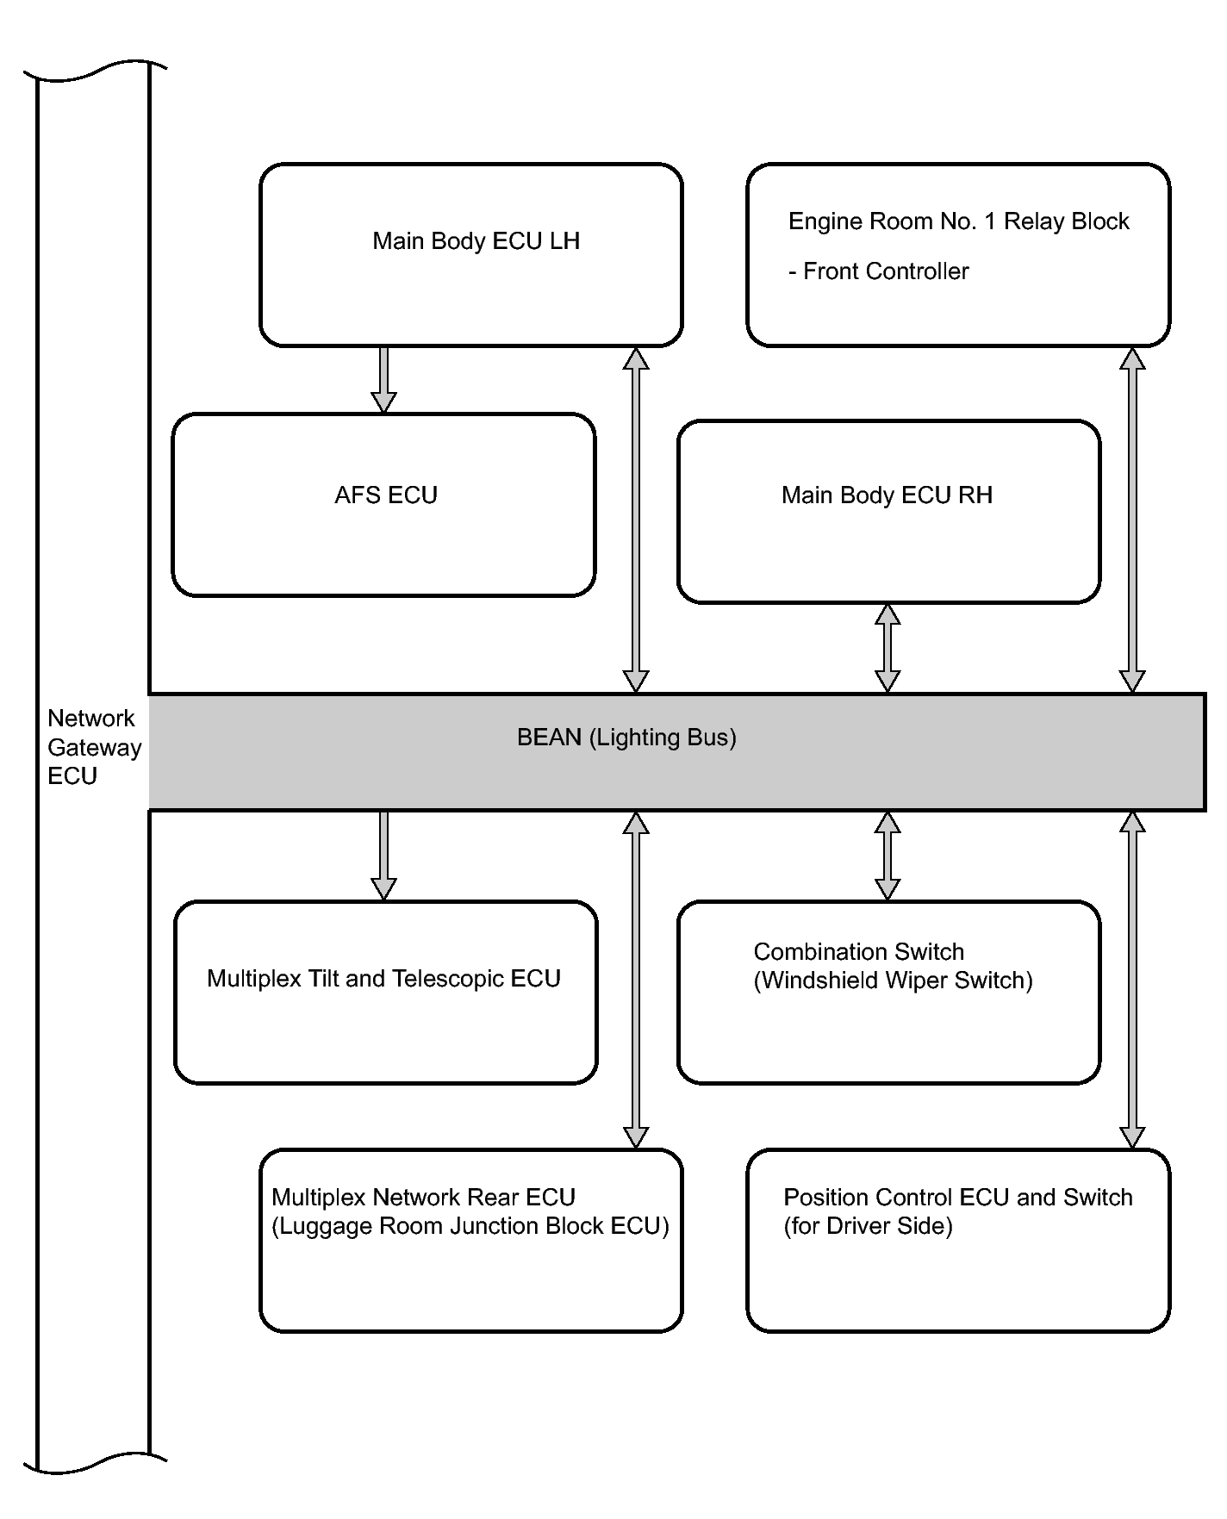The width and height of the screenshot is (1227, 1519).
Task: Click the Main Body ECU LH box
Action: [x=470, y=255]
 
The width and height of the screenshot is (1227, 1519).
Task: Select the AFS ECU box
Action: [x=383, y=505]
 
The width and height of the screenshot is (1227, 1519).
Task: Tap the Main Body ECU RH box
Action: [x=888, y=512]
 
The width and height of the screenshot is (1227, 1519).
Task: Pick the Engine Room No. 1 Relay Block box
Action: [x=958, y=255]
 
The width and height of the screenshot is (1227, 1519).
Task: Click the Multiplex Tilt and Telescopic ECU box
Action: [x=385, y=993]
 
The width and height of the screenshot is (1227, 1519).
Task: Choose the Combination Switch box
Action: [x=888, y=993]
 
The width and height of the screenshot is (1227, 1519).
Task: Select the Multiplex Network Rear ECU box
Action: [x=470, y=1241]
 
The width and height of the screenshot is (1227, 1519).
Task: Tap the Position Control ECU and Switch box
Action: [x=958, y=1241]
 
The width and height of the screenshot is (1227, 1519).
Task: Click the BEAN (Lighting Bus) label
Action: [x=626, y=738]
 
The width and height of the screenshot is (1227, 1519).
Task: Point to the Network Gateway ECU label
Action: [x=94, y=747]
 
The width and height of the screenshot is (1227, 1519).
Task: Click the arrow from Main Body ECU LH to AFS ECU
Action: [x=383, y=380]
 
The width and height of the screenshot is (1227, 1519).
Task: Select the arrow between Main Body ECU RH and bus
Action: [x=888, y=648]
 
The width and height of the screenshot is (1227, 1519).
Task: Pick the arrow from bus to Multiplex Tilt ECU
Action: [x=383, y=856]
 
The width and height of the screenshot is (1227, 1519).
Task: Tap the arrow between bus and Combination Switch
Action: [x=888, y=856]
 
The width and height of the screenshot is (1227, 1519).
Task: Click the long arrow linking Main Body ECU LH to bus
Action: [x=636, y=520]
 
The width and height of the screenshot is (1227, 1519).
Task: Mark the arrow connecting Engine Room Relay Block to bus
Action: [x=1132, y=520]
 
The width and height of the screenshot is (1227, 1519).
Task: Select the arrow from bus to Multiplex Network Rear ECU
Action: [x=636, y=980]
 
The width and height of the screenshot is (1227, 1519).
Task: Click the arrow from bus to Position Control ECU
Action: [x=1132, y=980]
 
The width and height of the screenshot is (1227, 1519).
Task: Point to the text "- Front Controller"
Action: [x=878, y=271]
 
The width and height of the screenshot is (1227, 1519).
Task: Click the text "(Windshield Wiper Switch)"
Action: [x=893, y=981]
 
